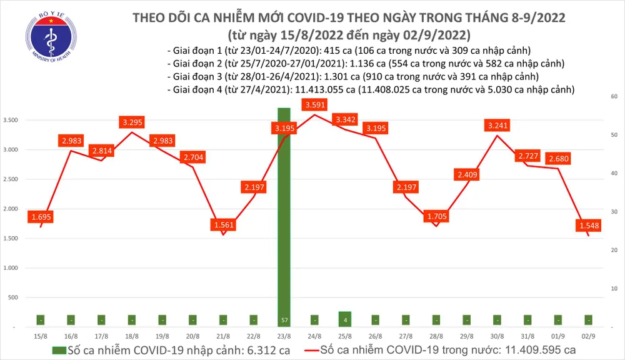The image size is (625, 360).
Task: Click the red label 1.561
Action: [223, 225]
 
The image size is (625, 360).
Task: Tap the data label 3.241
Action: [498, 126]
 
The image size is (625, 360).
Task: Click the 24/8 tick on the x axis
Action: [314, 336]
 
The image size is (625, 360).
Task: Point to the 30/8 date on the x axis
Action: [498, 336]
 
